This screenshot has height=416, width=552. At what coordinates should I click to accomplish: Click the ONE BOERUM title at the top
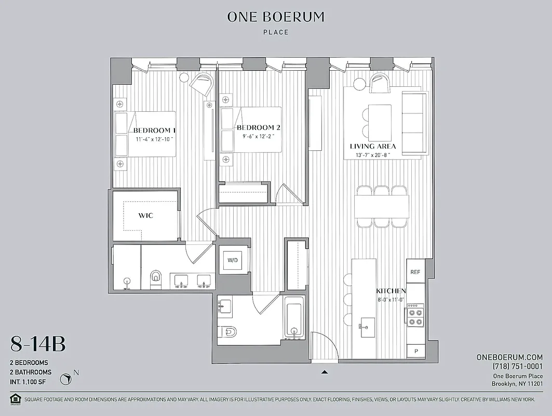276,17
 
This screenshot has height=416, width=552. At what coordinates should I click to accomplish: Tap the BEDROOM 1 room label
154,130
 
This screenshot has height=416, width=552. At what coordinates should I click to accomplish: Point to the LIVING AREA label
372,146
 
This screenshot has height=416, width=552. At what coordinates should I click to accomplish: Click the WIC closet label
146,215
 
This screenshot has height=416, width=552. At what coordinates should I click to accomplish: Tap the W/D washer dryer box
232,260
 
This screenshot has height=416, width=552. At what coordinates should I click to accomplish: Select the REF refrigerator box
415,272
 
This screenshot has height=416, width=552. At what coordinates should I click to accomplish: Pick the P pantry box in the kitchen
416,352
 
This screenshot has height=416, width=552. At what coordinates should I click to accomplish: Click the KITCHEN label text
391,291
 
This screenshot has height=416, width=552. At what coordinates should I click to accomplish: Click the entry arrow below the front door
325,372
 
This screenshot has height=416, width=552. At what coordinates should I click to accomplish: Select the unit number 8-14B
38,344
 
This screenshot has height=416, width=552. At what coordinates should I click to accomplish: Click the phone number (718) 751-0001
518,367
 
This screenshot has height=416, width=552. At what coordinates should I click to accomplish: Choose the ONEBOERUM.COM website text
509,357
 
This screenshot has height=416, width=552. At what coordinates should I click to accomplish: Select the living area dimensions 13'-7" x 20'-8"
372,155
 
